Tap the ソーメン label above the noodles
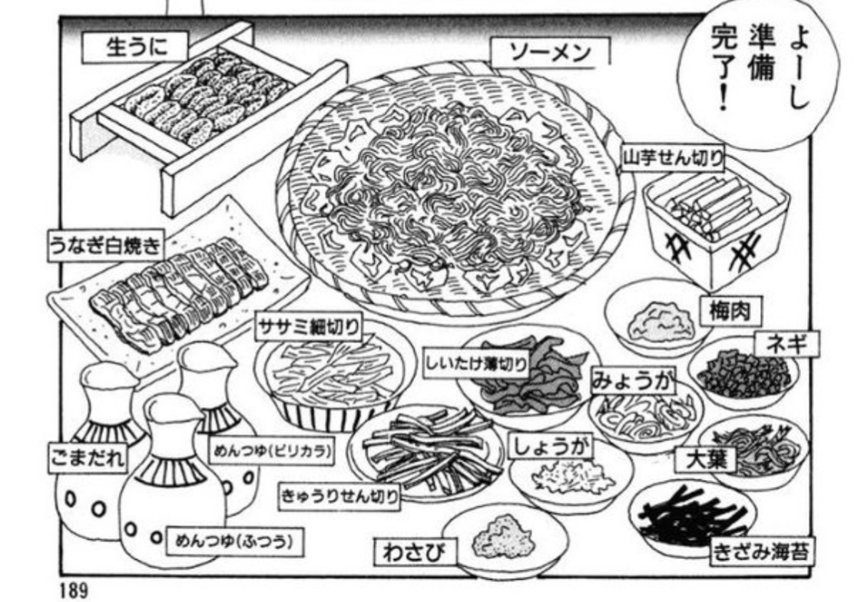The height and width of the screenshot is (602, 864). click(551, 53)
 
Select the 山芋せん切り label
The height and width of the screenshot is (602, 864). click(673, 160)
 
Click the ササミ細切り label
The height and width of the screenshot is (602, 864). click(308, 328)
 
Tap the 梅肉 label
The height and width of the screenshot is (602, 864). click(724, 311)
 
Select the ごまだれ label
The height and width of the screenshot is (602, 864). click(87, 458)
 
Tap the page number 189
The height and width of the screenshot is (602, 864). click(74, 590)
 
